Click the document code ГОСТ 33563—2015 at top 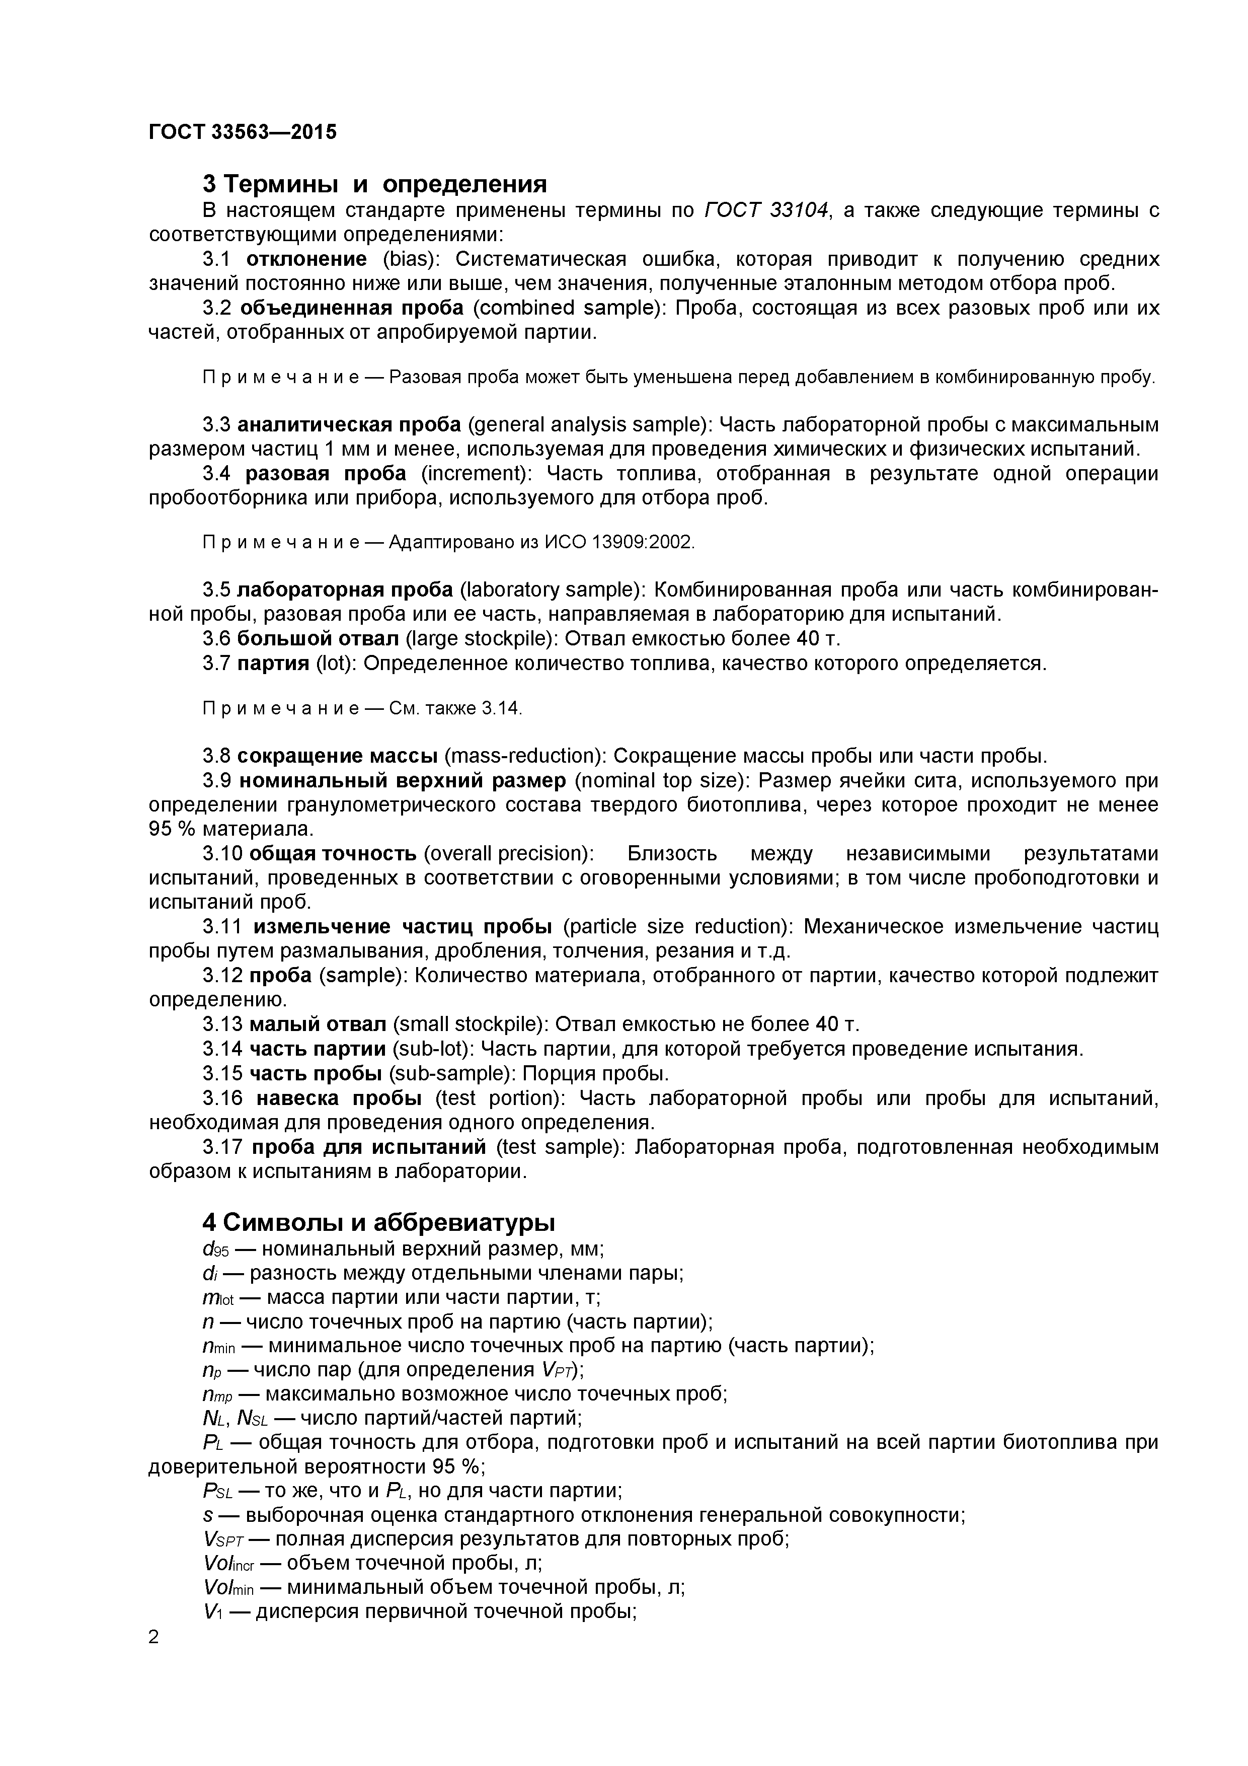242,132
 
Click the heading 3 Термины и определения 374,185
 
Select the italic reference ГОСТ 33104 766,210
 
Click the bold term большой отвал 318,638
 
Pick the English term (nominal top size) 662,781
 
